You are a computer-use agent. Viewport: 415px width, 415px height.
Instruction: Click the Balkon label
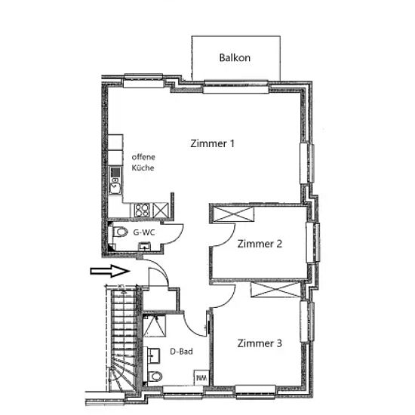pos(235,57)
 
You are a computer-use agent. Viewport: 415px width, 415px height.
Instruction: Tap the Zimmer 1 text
pos(212,143)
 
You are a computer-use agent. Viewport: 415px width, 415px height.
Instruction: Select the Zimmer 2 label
pos(260,244)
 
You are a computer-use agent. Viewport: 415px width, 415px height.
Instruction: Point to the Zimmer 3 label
pos(260,343)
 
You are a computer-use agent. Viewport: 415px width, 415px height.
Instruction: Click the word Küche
pos(143,168)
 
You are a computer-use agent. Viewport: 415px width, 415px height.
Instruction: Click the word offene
pos(143,157)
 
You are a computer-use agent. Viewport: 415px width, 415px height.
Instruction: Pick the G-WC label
pos(143,232)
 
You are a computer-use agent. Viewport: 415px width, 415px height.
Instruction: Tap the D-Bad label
pos(181,352)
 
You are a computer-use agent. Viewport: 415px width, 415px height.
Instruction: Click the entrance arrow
pos(110,271)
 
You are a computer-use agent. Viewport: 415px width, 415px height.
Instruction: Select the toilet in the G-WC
pos(120,232)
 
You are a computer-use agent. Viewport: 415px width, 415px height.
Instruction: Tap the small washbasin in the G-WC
pos(145,246)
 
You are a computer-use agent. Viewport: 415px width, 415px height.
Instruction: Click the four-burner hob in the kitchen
pos(142,211)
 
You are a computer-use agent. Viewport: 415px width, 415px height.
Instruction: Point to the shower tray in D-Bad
pos(155,326)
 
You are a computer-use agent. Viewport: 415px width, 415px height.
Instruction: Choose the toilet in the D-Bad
pos(155,376)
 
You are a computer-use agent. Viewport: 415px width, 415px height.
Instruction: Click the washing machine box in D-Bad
pos(201,377)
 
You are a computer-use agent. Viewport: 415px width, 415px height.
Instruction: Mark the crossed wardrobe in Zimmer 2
pos(233,214)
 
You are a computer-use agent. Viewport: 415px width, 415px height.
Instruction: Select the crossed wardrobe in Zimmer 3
pos(275,289)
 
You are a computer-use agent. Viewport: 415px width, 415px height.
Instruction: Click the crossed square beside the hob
pos(161,211)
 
